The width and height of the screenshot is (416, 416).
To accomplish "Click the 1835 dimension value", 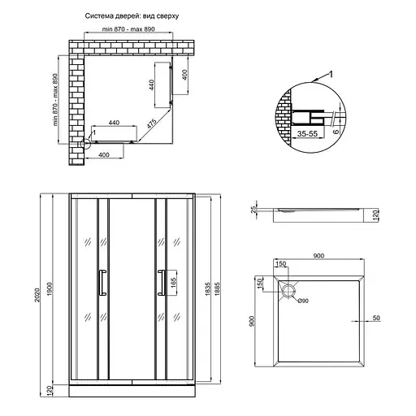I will point(209,285).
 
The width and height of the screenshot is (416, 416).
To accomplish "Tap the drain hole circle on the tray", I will point(288,290).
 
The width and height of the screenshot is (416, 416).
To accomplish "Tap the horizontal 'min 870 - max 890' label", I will point(130,31).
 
